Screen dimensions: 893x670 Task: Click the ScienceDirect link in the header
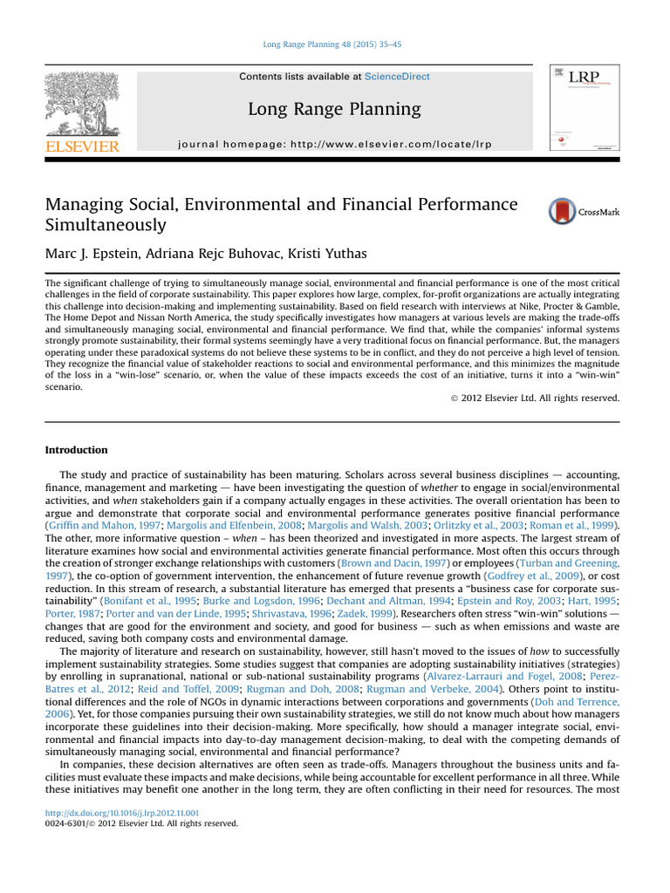coord(397,77)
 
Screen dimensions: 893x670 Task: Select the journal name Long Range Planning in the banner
coord(334,109)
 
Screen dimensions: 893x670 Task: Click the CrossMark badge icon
coord(563,212)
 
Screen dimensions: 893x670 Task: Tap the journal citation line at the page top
coord(334,44)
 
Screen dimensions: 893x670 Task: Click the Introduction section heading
coord(76,450)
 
